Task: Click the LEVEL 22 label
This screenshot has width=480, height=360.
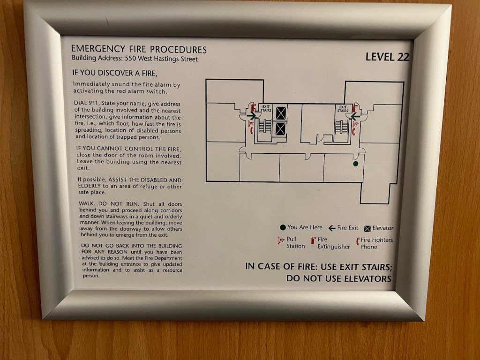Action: (387, 57)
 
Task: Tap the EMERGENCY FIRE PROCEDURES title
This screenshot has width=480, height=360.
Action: (139, 49)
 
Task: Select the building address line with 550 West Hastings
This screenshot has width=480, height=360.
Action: (135, 59)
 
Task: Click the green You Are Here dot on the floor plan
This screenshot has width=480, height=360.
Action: (355, 164)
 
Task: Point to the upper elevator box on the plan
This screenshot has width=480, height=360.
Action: (281, 113)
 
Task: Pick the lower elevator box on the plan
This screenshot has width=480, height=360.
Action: (280, 129)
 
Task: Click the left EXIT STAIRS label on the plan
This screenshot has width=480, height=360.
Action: (266, 109)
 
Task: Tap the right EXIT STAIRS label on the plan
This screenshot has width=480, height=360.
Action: (343, 109)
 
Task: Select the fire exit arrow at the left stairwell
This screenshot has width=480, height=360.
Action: (251, 116)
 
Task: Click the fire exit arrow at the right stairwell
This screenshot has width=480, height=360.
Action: (355, 117)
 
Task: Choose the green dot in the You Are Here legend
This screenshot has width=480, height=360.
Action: (283, 227)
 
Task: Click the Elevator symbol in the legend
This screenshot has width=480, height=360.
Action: (367, 229)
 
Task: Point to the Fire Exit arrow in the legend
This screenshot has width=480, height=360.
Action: (332, 228)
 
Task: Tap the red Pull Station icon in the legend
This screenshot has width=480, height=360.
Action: (281, 240)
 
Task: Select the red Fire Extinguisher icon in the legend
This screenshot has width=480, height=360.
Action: (313, 240)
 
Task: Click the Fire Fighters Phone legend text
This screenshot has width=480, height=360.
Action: (376, 243)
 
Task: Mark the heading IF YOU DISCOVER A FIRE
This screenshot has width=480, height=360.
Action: (115, 73)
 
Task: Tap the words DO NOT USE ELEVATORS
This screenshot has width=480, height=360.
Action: (339, 278)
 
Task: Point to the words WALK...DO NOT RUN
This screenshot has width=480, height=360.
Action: (109, 204)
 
